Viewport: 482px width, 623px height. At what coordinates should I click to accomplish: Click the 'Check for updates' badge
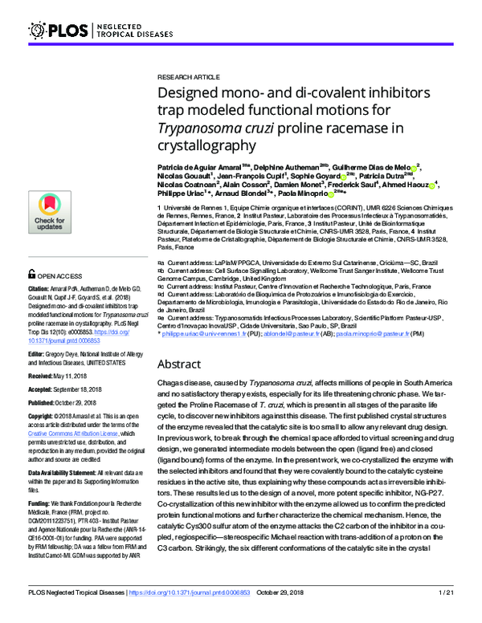(x=50, y=212)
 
